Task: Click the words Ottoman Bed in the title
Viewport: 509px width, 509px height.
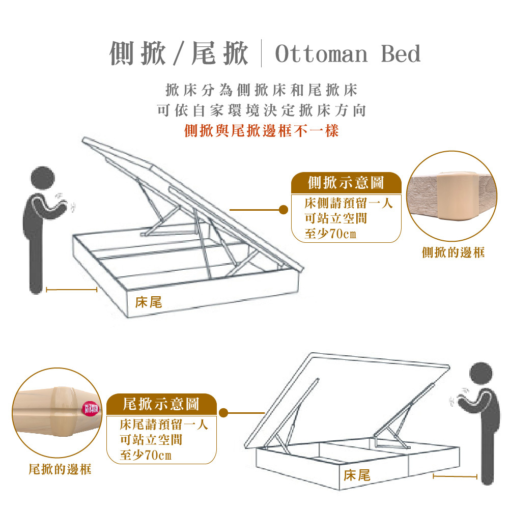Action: pyautogui.click(x=348, y=54)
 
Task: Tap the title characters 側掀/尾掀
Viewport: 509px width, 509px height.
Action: pyautogui.click(x=179, y=54)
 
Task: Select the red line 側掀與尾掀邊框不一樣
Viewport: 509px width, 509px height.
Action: pyautogui.click(x=261, y=131)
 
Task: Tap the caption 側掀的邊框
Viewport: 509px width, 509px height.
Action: pyautogui.click(x=453, y=252)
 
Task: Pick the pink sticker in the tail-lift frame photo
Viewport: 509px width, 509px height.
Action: pyautogui.click(x=92, y=408)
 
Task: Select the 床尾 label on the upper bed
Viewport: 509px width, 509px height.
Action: pyautogui.click(x=149, y=302)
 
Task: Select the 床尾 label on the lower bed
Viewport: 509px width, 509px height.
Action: pyautogui.click(x=357, y=476)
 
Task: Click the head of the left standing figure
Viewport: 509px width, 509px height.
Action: pyautogui.click(x=44, y=178)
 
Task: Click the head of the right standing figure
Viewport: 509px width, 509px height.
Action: pyautogui.click(x=484, y=375)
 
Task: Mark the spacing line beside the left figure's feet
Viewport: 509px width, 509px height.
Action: pyautogui.click(x=71, y=290)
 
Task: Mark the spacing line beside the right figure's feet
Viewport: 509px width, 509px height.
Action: pyautogui.click(x=455, y=477)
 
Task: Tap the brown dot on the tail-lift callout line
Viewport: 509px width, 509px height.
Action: pyautogui.click(x=223, y=413)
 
